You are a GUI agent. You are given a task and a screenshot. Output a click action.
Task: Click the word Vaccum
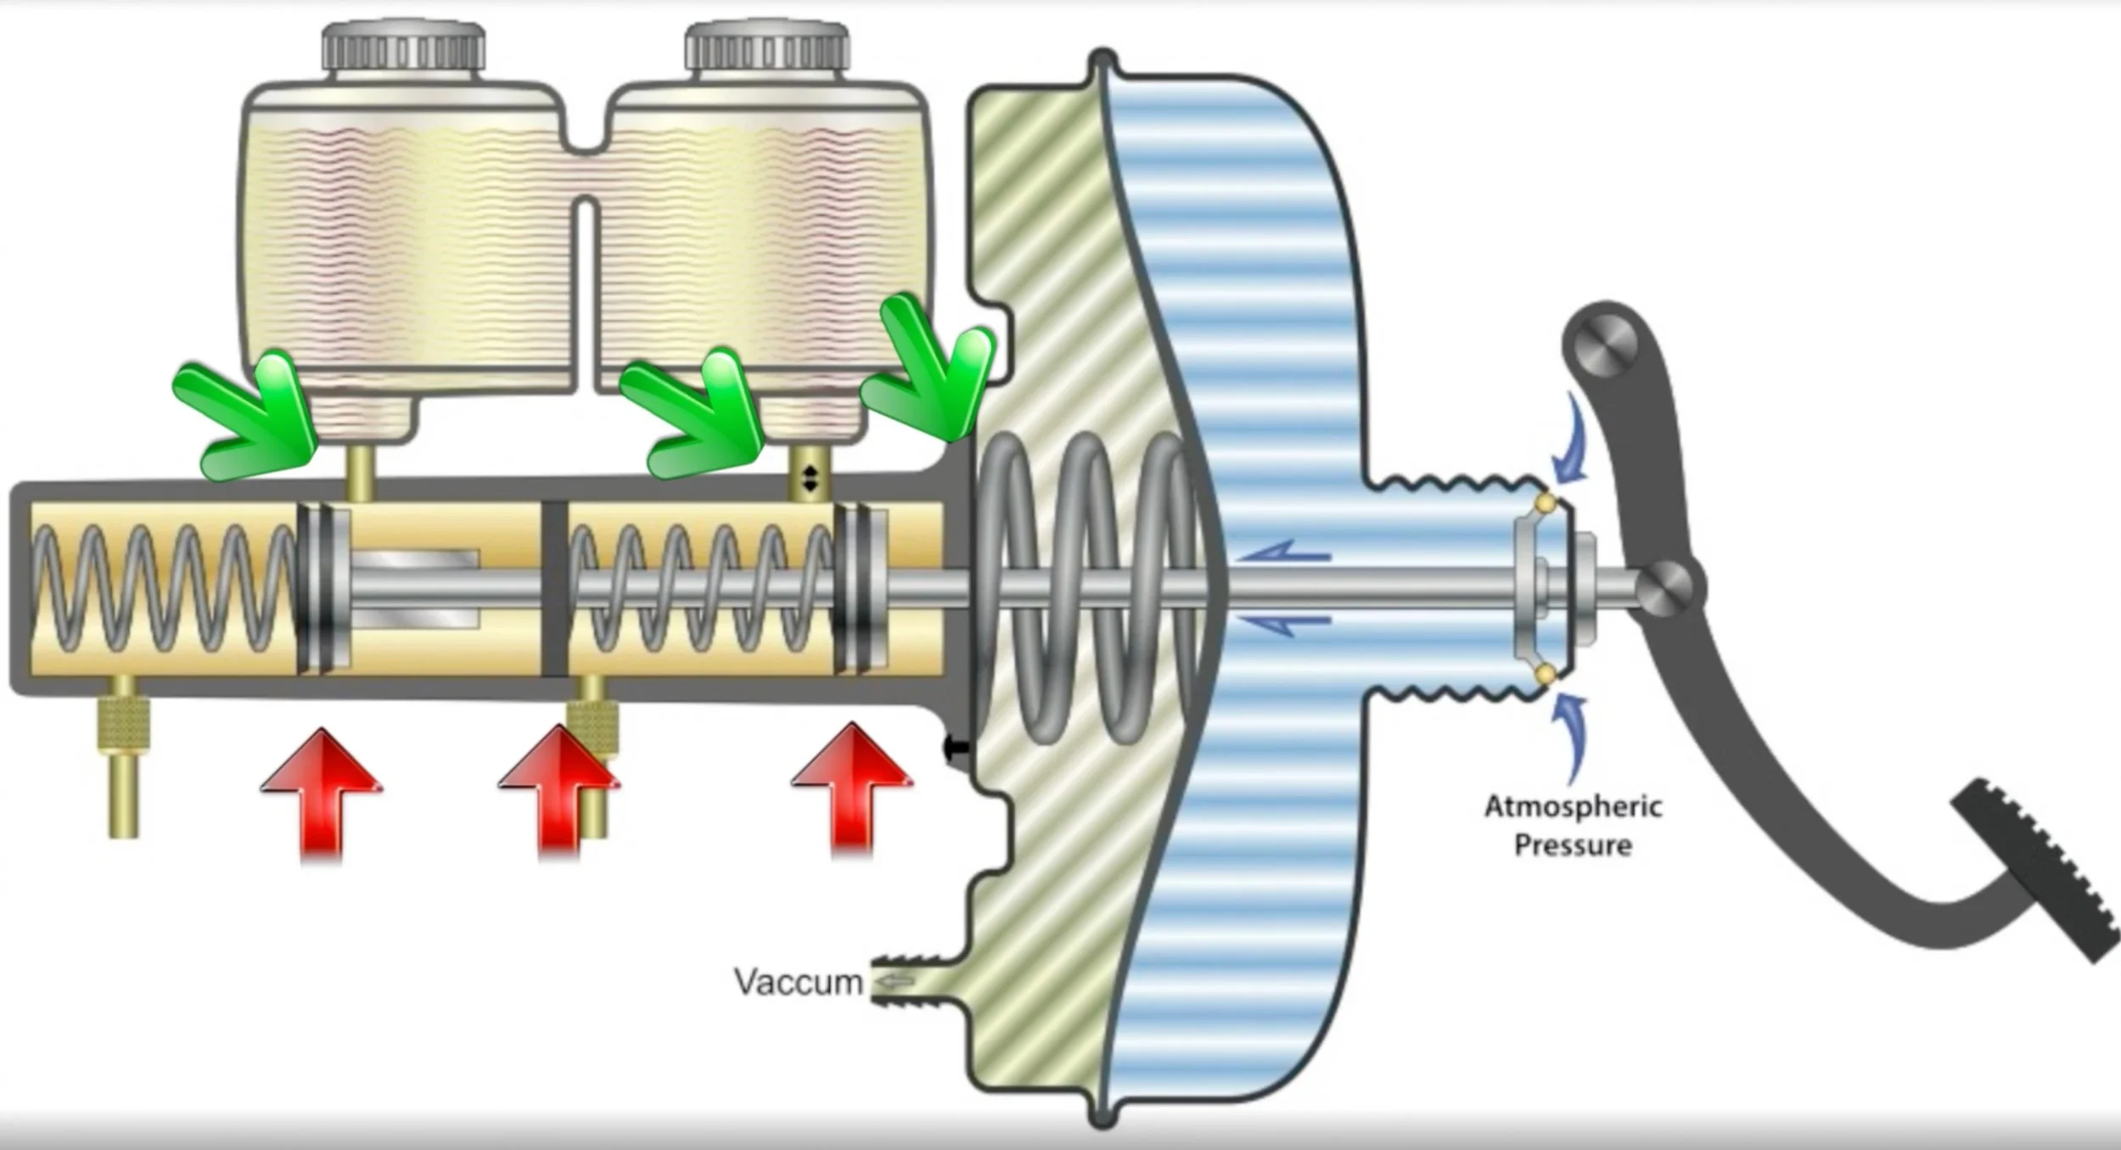coord(798,982)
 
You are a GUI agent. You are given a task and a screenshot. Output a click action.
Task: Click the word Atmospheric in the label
coord(1573,806)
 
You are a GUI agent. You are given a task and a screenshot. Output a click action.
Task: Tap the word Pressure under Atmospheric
coord(1573,845)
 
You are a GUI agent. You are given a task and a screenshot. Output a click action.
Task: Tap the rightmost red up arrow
coord(851,785)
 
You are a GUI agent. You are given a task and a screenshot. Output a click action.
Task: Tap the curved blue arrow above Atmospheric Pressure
coord(1570,437)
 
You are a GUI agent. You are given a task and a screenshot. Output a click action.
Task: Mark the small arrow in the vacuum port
coord(895,982)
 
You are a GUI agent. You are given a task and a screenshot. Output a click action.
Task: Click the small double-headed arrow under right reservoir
coord(810,479)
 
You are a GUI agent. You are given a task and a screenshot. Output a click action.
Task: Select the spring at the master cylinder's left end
coord(161,588)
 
